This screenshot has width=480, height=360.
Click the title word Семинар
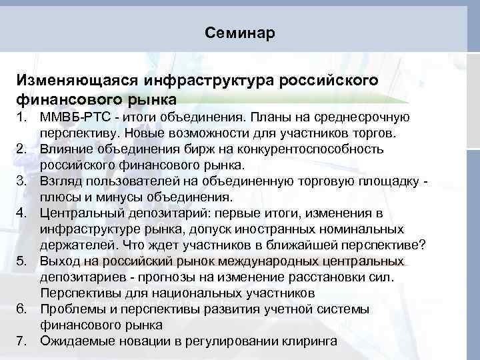[x=239, y=33]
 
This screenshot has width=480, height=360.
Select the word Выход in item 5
[x=60, y=260]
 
